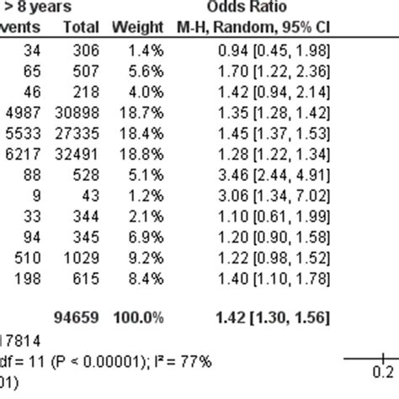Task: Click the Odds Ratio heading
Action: click(x=274, y=8)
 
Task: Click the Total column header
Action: click(x=82, y=28)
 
